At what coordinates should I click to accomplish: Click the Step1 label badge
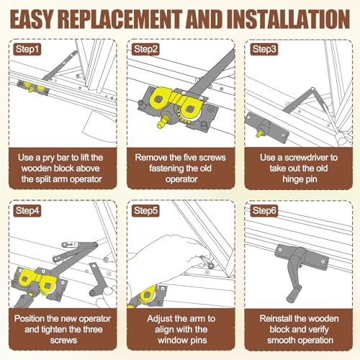click(x=27, y=50)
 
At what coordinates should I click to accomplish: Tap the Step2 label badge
click(x=145, y=50)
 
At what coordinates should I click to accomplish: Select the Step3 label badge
click(x=264, y=50)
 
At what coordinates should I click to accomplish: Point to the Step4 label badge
click(x=27, y=211)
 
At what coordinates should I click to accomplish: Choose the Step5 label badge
click(x=145, y=211)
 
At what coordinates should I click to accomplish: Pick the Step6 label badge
click(x=264, y=211)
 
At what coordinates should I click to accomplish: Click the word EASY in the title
click(x=31, y=19)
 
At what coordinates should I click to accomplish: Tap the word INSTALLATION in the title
click(x=288, y=19)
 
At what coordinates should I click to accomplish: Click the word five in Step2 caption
click(x=188, y=158)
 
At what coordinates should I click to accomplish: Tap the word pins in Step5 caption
click(x=199, y=341)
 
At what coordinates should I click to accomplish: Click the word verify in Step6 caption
click(x=318, y=330)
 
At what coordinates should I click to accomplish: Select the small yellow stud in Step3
click(x=259, y=133)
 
